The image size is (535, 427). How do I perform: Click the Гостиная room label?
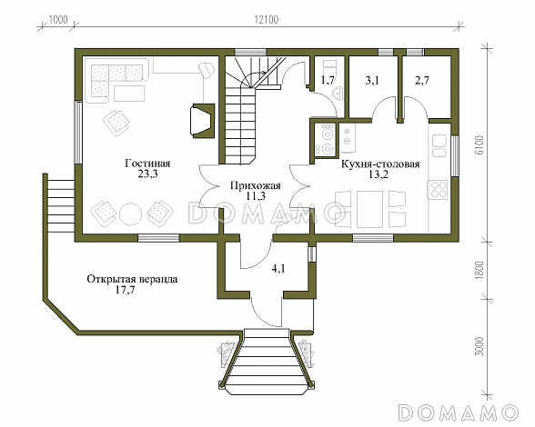[x=147, y=164]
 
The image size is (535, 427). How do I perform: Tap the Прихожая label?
[x=255, y=186]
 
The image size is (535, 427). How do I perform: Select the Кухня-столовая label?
[x=380, y=164]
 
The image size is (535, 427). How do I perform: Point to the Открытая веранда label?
[x=132, y=280]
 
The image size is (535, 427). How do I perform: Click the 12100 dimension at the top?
[x=266, y=20]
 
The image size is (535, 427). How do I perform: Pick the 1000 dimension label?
[x=58, y=19]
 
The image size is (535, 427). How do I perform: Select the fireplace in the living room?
[x=204, y=121]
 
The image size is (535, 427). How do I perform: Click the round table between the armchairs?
[x=130, y=213]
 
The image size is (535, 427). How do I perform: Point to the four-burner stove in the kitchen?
[x=439, y=190]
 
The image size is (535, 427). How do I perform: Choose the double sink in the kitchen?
[x=439, y=145]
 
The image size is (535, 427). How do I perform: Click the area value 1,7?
[x=328, y=81]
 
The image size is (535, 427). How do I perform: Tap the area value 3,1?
[x=372, y=81]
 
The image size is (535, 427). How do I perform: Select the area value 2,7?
[x=422, y=81]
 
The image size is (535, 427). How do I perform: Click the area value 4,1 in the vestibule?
[x=278, y=269]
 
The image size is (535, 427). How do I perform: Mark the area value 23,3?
[x=147, y=174]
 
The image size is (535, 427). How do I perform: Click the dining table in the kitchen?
[x=370, y=209]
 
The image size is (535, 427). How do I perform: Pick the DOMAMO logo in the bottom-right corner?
[x=459, y=412]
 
